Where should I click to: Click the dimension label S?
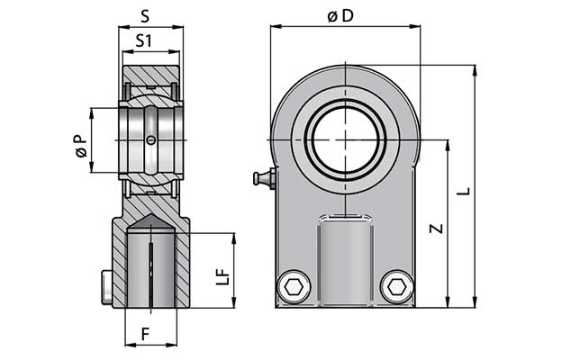[x=150, y=15]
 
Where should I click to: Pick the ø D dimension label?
[x=345, y=15]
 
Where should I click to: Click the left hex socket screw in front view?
[x=292, y=288]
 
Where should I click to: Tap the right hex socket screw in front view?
[x=396, y=288]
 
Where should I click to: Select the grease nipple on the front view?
[x=262, y=179]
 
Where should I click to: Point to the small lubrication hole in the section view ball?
[x=150, y=139]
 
